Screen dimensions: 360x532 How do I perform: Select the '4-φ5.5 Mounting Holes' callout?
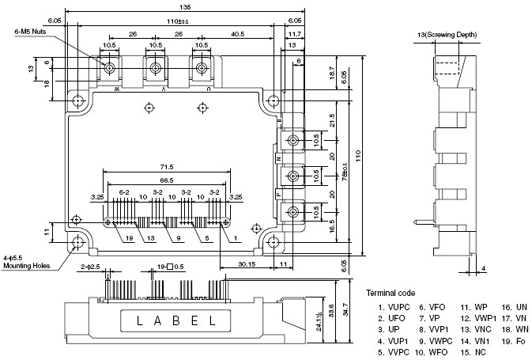click(x=27, y=262)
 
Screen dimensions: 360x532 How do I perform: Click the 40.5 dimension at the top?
click(x=237, y=34)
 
